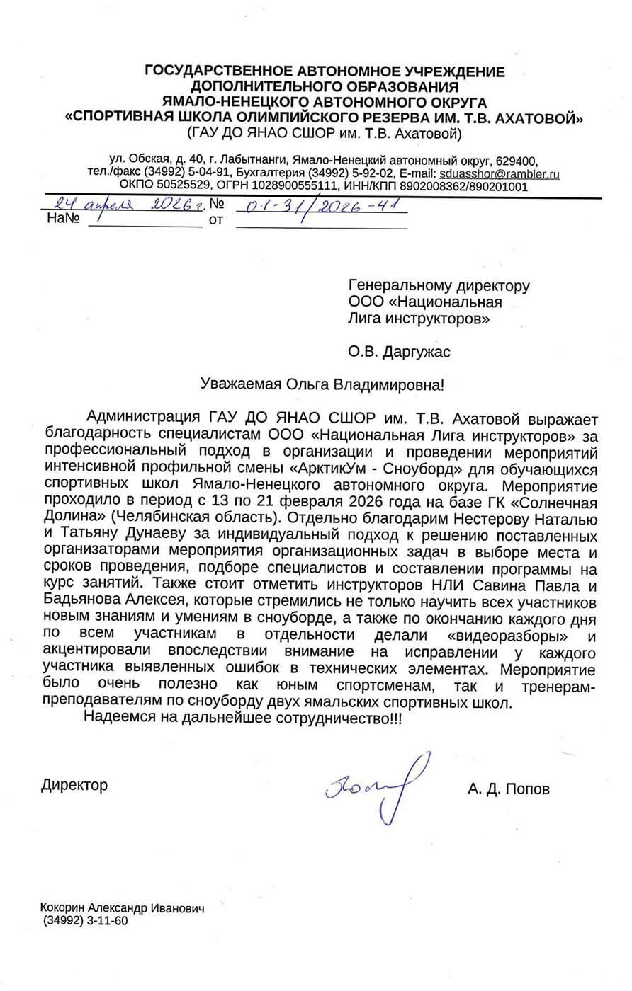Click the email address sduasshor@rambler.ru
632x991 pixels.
click(x=500, y=173)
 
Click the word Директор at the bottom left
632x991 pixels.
click(x=74, y=784)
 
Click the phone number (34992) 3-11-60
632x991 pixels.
click(x=85, y=922)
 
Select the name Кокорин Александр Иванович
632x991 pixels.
click(x=123, y=908)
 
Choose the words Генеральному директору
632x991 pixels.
click(x=439, y=286)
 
